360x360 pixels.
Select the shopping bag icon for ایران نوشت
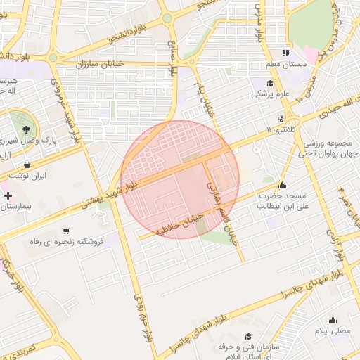coord(27,165)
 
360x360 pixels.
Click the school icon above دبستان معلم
coord(285,53)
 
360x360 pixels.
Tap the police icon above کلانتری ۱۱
coord(281,119)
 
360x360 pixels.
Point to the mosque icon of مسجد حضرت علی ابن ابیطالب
coord(282,186)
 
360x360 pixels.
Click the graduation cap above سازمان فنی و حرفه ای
coord(247,337)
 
